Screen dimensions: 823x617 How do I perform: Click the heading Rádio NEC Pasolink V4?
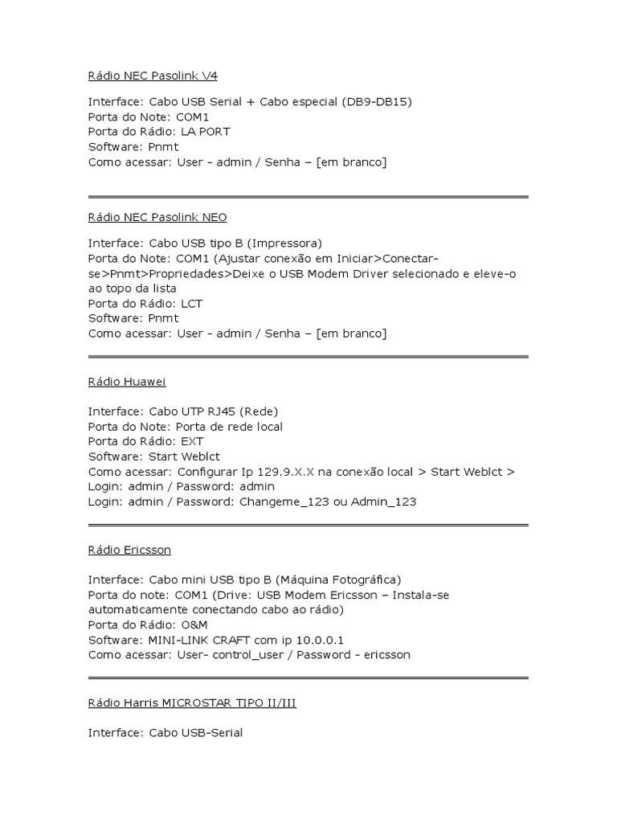pos(153,76)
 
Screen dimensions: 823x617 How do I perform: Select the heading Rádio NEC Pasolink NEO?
pos(157,217)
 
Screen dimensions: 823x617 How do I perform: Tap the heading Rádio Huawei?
pos(127,382)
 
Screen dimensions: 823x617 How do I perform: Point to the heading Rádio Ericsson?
pos(129,551)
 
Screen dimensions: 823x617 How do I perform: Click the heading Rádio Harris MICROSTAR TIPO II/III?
pos(192,703)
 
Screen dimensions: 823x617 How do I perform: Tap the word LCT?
pos(192,304)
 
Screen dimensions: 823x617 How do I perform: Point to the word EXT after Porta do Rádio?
pos(193,442)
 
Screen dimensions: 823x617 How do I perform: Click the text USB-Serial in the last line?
pos(211,733)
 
